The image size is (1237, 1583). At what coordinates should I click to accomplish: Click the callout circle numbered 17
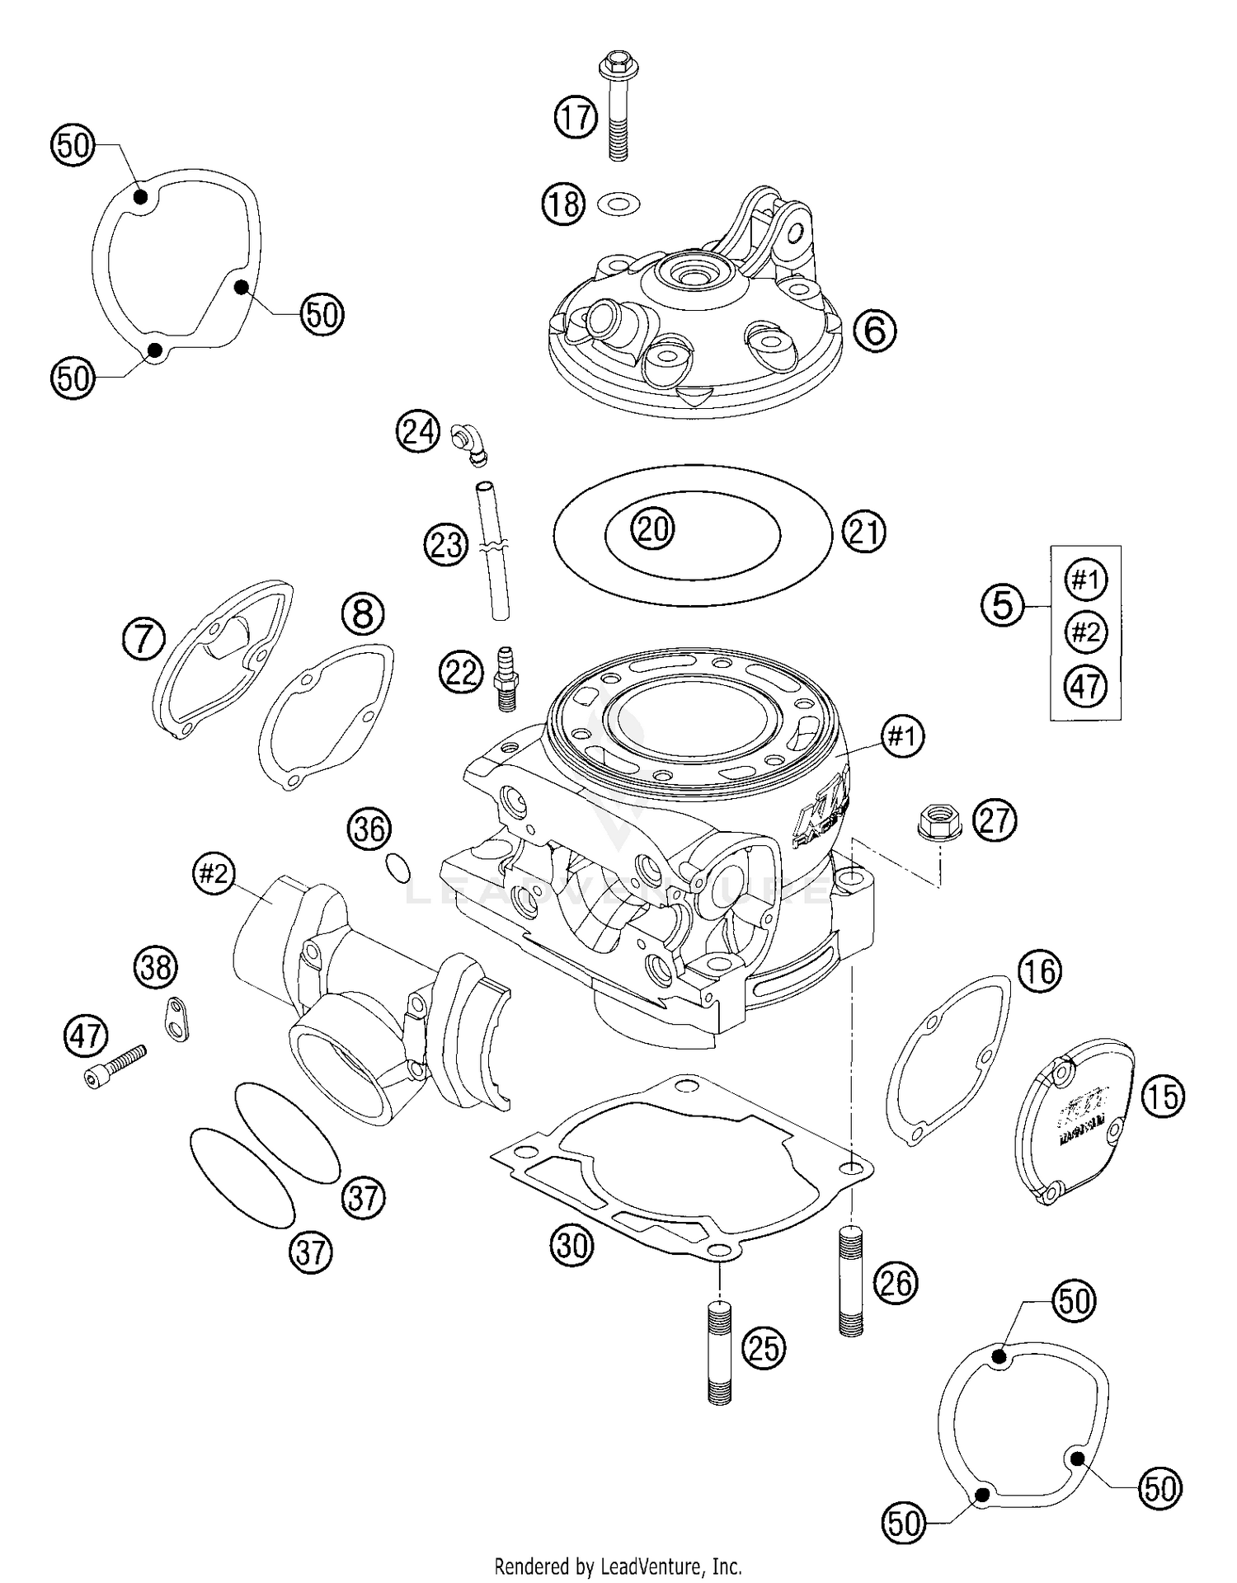[x=575, y=116]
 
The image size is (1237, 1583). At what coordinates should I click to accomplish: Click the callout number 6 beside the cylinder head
[x=874, y=331]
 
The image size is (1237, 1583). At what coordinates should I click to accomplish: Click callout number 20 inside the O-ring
[x=652, y=528]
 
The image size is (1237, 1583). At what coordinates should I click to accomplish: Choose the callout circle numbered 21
[x=863, y=532]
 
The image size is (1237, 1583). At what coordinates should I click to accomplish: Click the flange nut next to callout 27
[x=935, y=823]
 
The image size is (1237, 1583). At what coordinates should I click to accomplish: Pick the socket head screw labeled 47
[x=116, y=1064]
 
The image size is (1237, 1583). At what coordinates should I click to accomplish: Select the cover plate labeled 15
[x=1080, y=1123]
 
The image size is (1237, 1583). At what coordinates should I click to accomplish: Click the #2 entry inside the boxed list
[x=1085, y=632]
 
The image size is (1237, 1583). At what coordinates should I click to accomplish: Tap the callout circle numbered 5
[x=1002, y=606]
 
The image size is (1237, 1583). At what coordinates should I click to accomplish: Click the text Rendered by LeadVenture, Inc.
[x=618, y=1565]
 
